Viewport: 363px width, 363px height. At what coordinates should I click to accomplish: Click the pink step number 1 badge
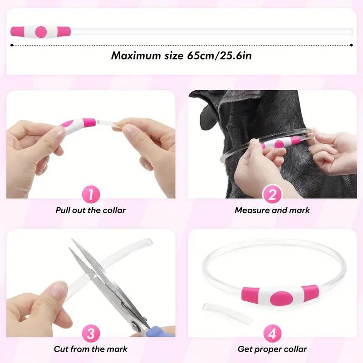[91, 195]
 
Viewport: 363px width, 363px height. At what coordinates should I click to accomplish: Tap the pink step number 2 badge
[272, 195]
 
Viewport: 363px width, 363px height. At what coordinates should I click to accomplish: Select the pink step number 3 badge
[91, 334]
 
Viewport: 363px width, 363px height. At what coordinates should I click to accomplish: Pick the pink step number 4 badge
[272, 334]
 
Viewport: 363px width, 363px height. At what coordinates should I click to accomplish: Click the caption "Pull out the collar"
[91, 210]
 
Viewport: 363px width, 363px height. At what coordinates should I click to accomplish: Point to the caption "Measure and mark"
[272, 210]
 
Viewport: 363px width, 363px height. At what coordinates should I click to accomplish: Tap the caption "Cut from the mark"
[91, 349]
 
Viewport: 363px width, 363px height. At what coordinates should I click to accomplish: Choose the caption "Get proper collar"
[272, 349]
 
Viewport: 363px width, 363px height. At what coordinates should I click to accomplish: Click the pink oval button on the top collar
[41, 31]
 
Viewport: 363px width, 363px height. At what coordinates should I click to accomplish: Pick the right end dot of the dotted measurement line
[352, 44]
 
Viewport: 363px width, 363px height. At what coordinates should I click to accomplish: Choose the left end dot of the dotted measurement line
[11, 44]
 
